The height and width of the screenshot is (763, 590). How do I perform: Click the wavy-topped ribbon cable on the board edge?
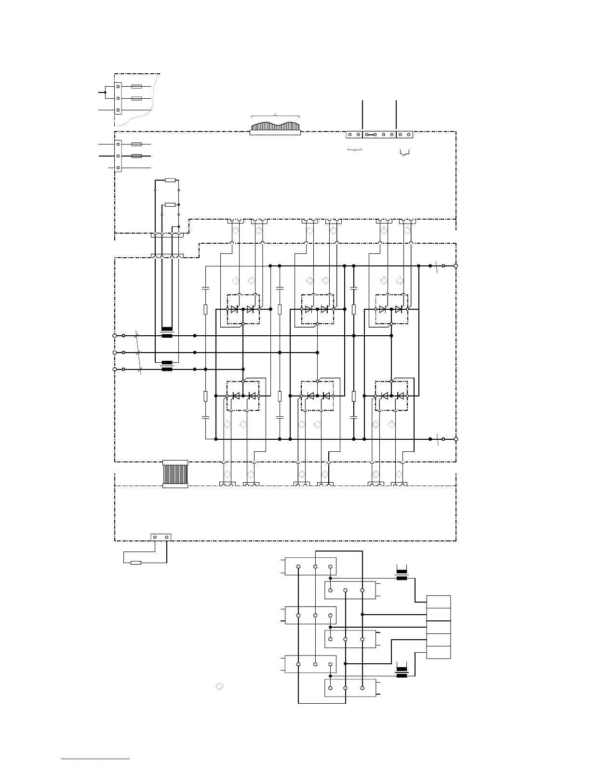275,127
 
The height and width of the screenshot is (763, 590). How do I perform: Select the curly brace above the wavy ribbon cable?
275,116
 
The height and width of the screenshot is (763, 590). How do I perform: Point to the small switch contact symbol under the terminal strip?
405,153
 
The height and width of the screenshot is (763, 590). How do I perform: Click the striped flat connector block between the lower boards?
175,474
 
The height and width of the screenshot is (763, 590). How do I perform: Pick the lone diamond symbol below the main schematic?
219,686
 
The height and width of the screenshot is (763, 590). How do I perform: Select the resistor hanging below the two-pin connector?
136,562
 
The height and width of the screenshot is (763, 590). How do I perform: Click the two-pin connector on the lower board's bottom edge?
161,537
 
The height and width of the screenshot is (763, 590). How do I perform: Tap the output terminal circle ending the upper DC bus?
456,265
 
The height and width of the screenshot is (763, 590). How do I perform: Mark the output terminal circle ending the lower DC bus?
456,439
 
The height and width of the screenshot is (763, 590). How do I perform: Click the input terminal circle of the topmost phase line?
115,336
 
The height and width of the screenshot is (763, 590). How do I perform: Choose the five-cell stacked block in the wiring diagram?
439,627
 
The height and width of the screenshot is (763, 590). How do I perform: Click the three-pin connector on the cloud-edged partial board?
118,98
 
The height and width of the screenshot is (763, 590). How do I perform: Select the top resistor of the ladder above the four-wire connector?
170,180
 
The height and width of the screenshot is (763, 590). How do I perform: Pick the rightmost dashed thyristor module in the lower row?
391,395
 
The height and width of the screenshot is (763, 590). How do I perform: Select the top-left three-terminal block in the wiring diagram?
310,566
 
